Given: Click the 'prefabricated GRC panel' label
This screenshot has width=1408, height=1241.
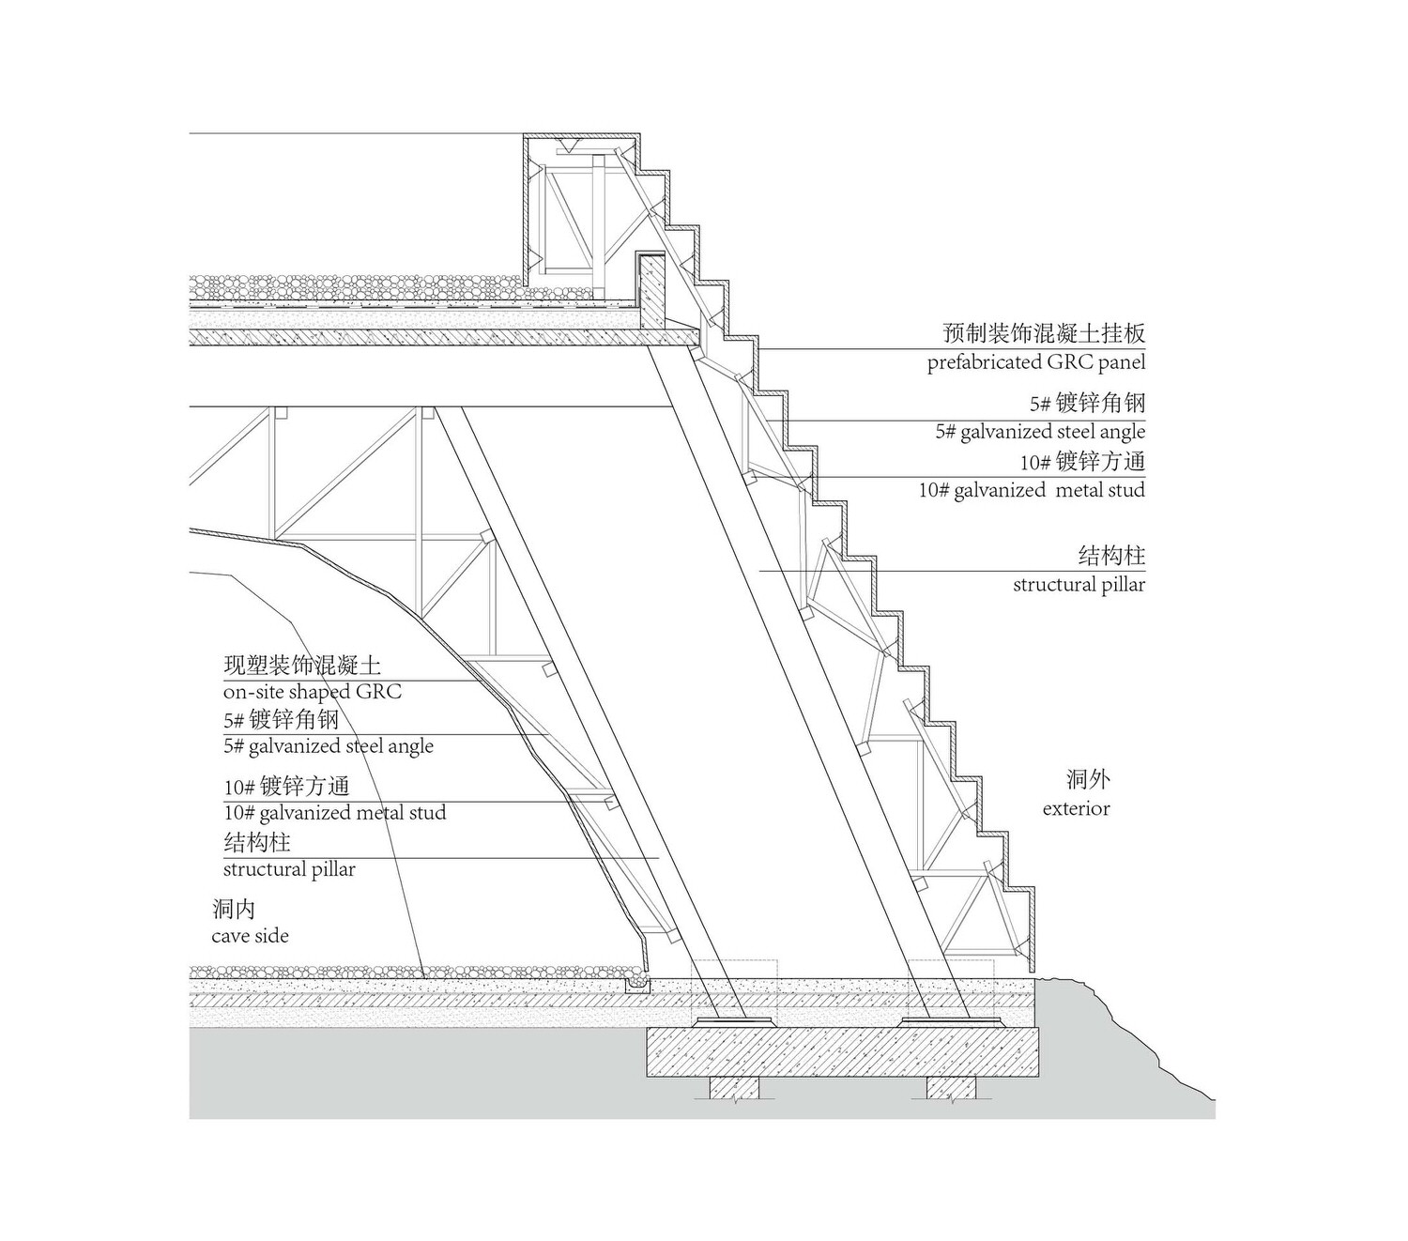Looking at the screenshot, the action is coord(1035,362).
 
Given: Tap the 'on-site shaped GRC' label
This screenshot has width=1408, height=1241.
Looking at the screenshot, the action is coord(312,692).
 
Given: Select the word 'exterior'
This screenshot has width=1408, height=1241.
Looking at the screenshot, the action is coord(1076,808).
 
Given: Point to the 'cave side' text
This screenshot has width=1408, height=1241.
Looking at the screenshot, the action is coord(250,936).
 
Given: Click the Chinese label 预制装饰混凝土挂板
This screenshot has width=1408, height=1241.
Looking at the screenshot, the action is coord(1043,333).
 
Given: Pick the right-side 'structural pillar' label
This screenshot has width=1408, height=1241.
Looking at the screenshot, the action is coord(1079,585).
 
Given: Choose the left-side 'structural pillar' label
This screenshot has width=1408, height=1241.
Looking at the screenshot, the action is coord(289,869).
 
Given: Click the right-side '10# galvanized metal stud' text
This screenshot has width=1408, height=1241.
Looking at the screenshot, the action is coord(1032,490).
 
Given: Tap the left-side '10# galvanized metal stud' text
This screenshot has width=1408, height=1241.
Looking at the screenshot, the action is coord(335,812).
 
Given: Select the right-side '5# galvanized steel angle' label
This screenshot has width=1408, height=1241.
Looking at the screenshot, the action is coord(1040,432).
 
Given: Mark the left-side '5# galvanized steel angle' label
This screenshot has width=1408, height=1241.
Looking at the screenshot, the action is coord(328,746).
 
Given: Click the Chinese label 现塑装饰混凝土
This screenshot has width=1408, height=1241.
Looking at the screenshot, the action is coord(301,666).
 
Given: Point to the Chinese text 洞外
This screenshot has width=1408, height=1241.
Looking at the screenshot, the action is coord(1088,779).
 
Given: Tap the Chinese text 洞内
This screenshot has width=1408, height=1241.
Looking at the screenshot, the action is coord(235,909).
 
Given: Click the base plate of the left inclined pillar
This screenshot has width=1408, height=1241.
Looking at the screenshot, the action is coord(735,1021).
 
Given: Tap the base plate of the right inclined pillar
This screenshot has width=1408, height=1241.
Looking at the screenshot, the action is coord(951,1021).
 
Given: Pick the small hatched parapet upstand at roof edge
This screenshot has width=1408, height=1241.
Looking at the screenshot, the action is coord(652,292).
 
